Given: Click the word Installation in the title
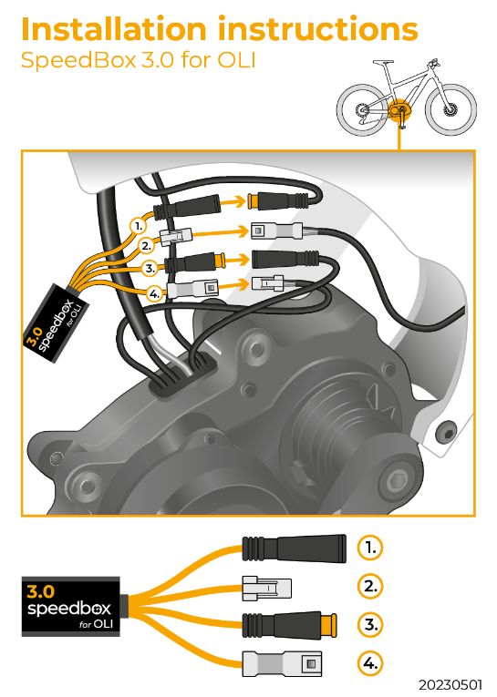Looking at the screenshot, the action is [x=114, y=29].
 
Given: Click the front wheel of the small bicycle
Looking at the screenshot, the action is [x=450, y=108].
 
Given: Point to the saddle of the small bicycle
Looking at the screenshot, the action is [x=384, y=63].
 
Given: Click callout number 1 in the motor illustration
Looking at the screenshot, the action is [x=139, y=226].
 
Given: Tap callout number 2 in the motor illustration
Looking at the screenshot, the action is [x=147, y=245].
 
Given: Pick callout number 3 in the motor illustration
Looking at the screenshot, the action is [x=150, y=269].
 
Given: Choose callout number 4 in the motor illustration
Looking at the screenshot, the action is [x=154, y=293].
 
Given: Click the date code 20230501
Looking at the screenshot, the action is [x=450, y=684].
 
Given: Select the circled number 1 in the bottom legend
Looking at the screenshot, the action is [x=369, y=548].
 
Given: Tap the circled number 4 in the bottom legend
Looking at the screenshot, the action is [x=369, y=663].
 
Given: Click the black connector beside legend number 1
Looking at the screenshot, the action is [x=295, y=548].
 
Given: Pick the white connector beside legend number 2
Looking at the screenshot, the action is [x=266, y=589].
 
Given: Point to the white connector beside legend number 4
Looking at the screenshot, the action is [x=282, y=664].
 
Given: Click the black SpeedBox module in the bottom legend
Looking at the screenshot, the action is [x=71, y=606].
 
